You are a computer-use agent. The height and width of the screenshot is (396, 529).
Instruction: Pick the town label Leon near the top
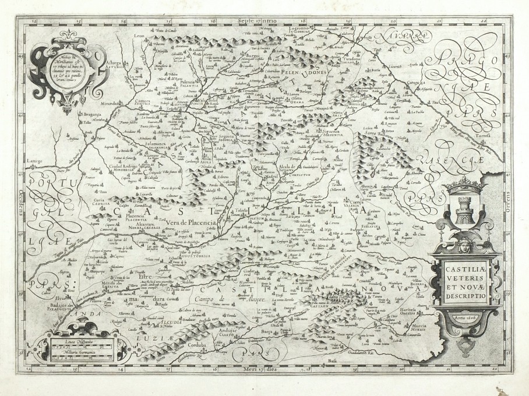coord(139,36)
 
